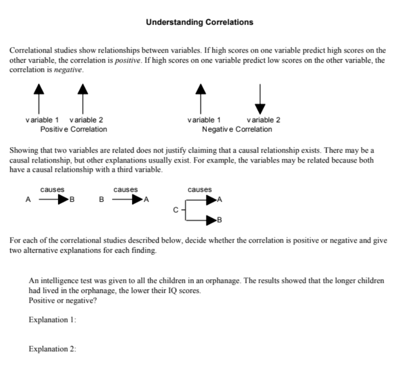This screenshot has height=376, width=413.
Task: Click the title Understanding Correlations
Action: (199, 22)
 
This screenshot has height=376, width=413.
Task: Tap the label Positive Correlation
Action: (74, 129)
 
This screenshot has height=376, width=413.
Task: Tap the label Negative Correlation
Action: (237, 129)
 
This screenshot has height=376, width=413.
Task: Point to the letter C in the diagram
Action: (176, 209)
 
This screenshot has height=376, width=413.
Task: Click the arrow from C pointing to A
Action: (204, 199)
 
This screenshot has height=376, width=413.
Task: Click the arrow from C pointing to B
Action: (204, 220)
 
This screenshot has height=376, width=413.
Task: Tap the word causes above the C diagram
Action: (200, 190)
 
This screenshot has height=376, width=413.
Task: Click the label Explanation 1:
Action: (53, 320)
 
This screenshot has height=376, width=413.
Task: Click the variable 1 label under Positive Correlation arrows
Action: (42, 120)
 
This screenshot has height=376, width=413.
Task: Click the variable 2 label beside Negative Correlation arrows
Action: (263, 120)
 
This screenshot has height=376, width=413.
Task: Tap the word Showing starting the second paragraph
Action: (23, 151)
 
